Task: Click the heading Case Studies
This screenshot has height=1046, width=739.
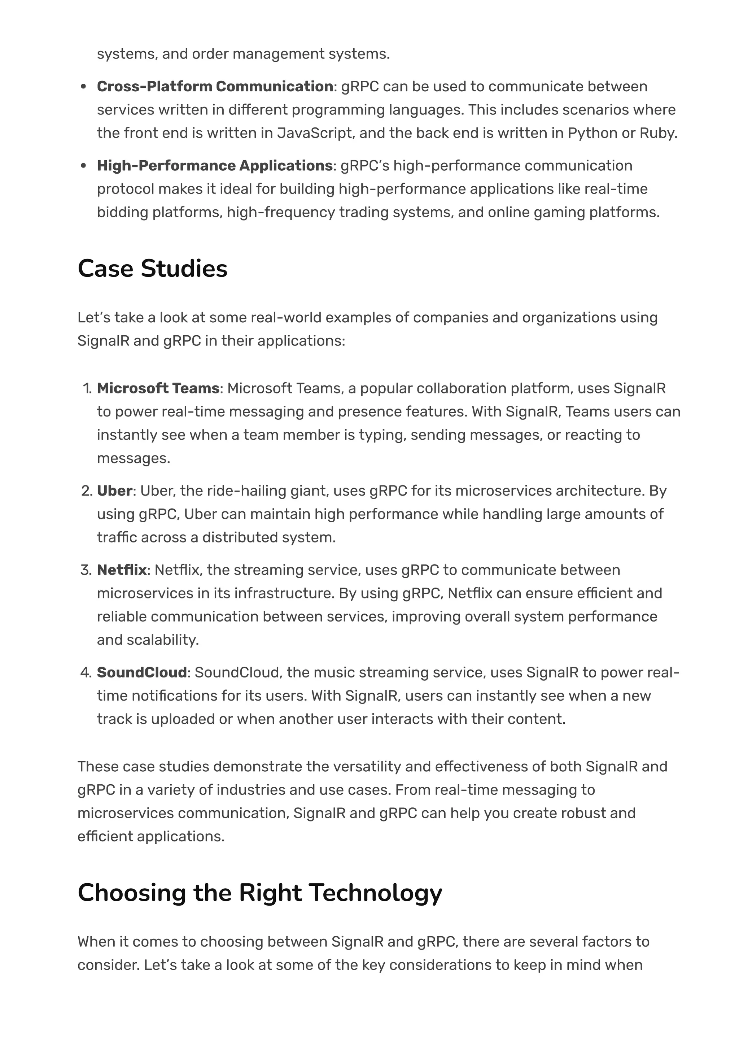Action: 152,268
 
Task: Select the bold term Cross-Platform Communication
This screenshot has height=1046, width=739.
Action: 215,87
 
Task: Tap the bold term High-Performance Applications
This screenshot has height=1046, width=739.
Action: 214,166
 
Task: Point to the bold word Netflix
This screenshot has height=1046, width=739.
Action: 122,570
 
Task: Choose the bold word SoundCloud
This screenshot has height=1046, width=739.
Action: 141,672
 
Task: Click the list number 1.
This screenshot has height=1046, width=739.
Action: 87,389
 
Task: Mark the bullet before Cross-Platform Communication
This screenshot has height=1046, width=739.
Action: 83,87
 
